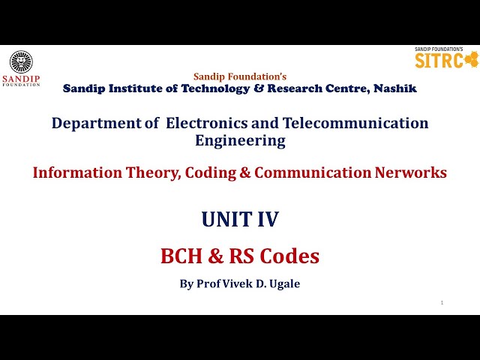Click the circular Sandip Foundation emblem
click(x=21, y=61)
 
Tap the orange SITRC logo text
click(x=439, y=61)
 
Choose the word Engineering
click(x=240, y=140)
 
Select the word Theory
click(x=154, y=172)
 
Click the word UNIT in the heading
click(x=224, y=219)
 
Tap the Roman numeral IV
click(x=267, y=219)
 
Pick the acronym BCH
click(x=181, y=256)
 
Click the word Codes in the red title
click(x=289, y=256)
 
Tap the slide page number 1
click(x=442, y=302)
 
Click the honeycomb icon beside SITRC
click(x=471, y=60)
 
